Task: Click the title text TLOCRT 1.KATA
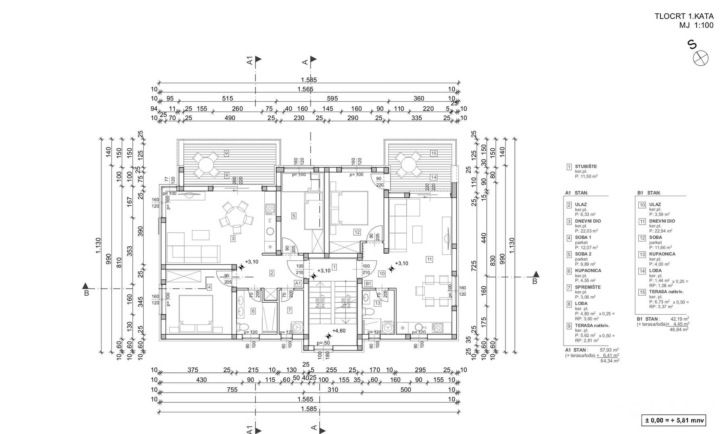pyautogui.click(x=684, y=16)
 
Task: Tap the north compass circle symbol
pyautogui.click(x=701, y=58)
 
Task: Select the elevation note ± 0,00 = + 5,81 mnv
pyautogui.click(x=674, y=421)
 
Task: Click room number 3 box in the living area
pyautogui.click(x=233, y=239)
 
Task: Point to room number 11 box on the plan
pyautogui.click(x=430, y=259)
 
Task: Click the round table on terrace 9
pyautogui.click(x=206, y=165)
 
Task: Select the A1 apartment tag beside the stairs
pyautogui.click(x=298, y=283)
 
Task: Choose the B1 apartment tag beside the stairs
pyautogui.click(x=368, y=283)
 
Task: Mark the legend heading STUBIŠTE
pyautogui.click(x=586, y=166)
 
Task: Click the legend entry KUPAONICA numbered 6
pyautogui.click(x=588, y=271)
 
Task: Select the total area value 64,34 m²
pyautogui.click(x=610, y=361)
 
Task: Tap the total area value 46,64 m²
pyautogui.click(x=679, y=329)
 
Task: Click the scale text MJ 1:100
pyautogui.click(x=696, y=26)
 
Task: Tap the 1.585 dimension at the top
pyautogui.click(x=309, y=80)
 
